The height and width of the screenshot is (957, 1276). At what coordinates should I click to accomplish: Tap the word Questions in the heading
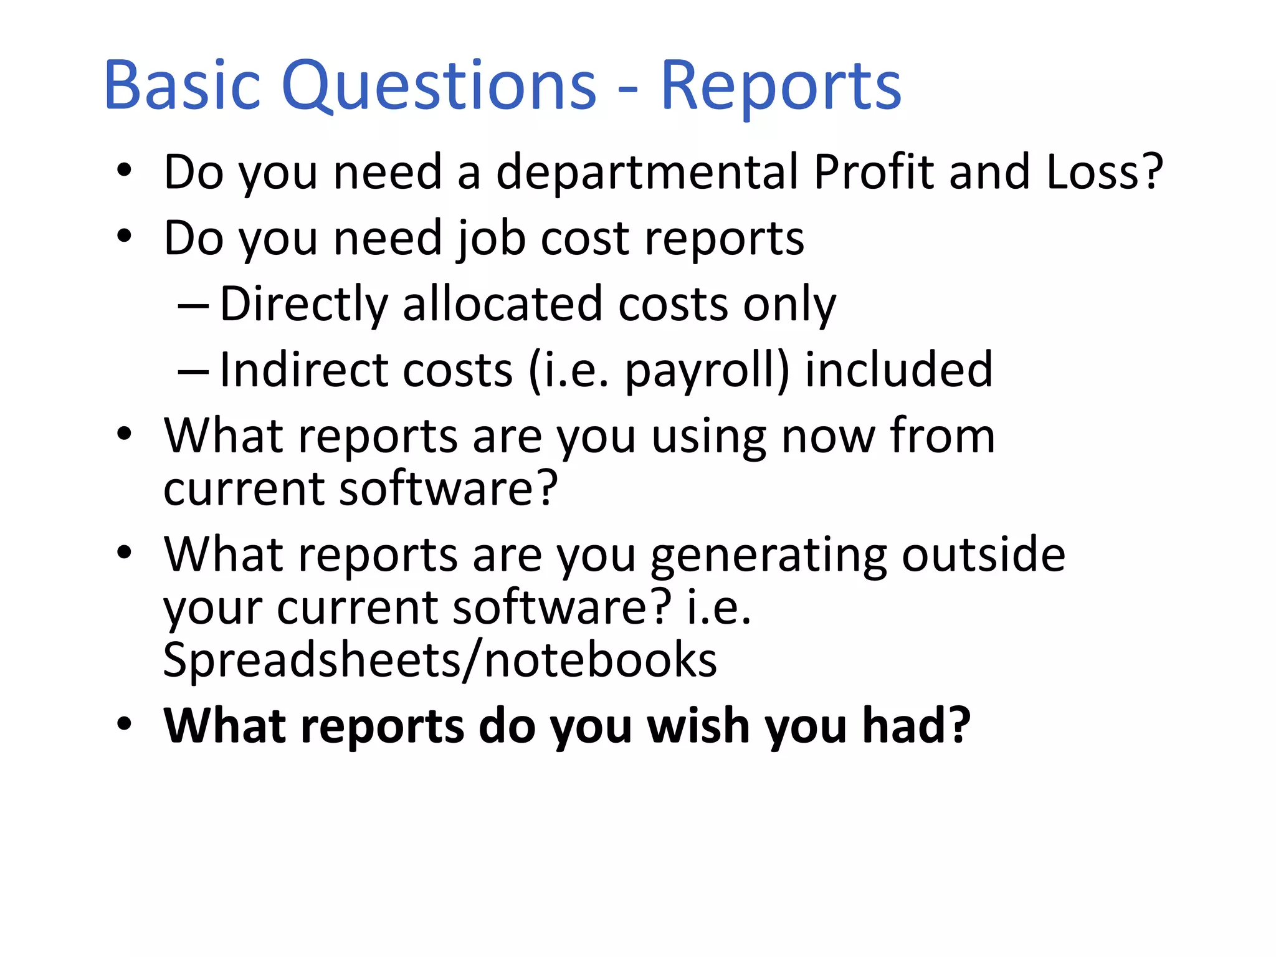click(439, 86)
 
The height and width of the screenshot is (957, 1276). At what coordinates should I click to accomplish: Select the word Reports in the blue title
click(780, 87)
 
